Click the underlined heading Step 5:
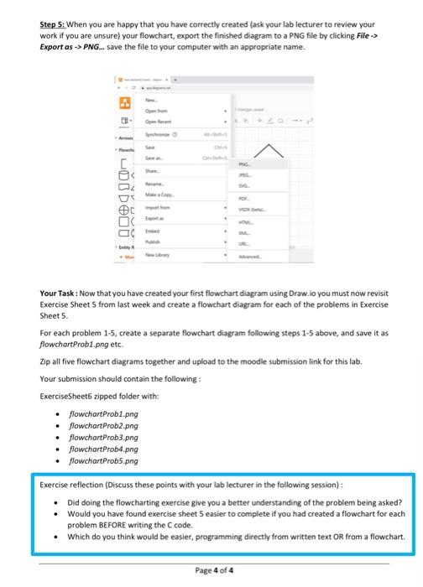tap(57, 26)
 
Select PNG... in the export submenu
tap(243, 166)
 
